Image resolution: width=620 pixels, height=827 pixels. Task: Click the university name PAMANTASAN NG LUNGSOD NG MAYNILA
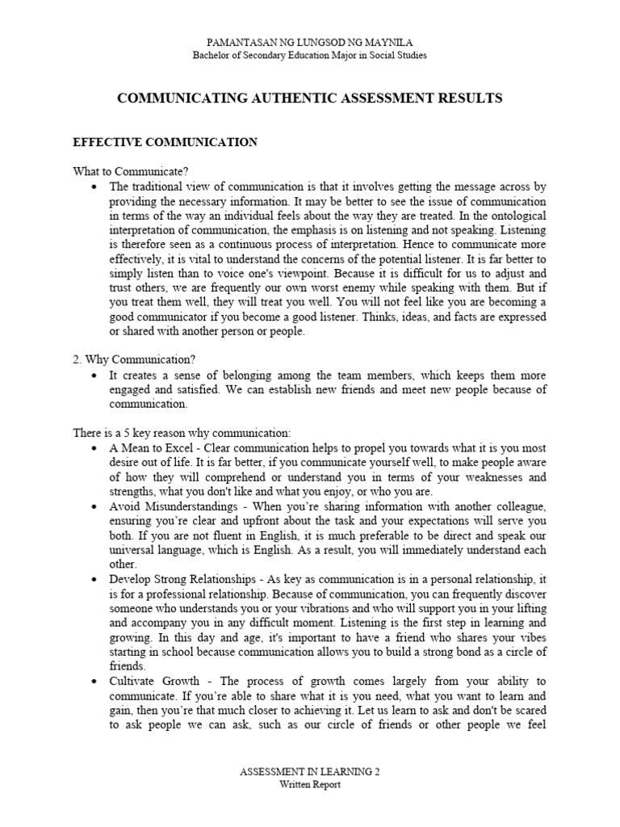pos(310,42)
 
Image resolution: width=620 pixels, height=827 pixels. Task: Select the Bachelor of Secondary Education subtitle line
pos(310,55)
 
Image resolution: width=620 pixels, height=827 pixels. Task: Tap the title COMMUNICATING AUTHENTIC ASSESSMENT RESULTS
pos(310,99)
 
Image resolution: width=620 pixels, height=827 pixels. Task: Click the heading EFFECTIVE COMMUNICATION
pos(165,142)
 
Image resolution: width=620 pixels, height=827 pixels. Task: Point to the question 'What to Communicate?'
pos(131,171)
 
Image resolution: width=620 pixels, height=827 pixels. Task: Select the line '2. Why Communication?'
pos(134,360)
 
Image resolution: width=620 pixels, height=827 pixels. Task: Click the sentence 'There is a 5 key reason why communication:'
pos(182,433)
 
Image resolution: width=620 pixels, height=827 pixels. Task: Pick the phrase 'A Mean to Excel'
pos(149,447)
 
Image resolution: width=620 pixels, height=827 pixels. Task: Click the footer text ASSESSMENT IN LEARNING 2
pos(310,772)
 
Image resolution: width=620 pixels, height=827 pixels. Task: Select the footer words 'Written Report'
pos(310,785)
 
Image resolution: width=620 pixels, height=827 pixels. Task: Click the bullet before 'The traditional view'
pos(94,186)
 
